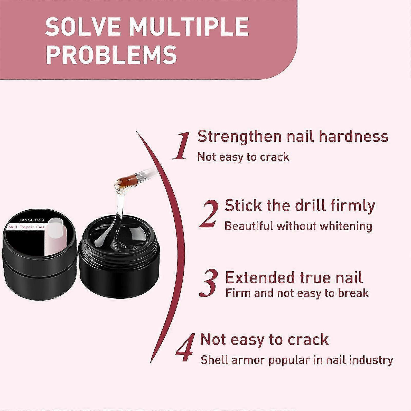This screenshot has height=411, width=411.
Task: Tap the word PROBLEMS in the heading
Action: click(x=111, y=54)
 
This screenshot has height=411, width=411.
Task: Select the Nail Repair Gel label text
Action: click(x=26, y=227)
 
